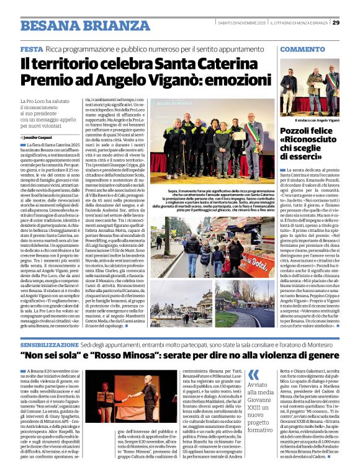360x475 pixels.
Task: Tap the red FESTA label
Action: (31, 48)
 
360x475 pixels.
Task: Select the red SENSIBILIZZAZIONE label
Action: (51, 343)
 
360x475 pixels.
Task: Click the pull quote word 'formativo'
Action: (261, 429)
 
